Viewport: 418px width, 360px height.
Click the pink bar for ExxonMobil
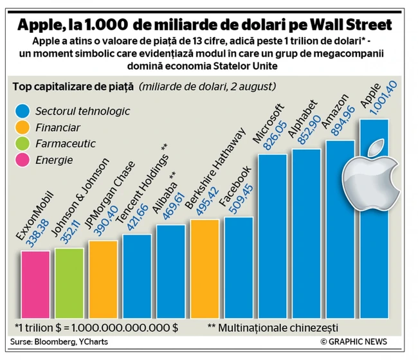click(x=35, y=283)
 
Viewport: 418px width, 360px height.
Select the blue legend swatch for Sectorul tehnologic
click(x=23, y=111)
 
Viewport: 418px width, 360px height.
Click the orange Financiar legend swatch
click(x=23, y=127)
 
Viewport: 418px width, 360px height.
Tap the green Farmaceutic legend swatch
click(x=23, y=143)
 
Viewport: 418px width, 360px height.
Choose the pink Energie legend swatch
click(x=23, y=160)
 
